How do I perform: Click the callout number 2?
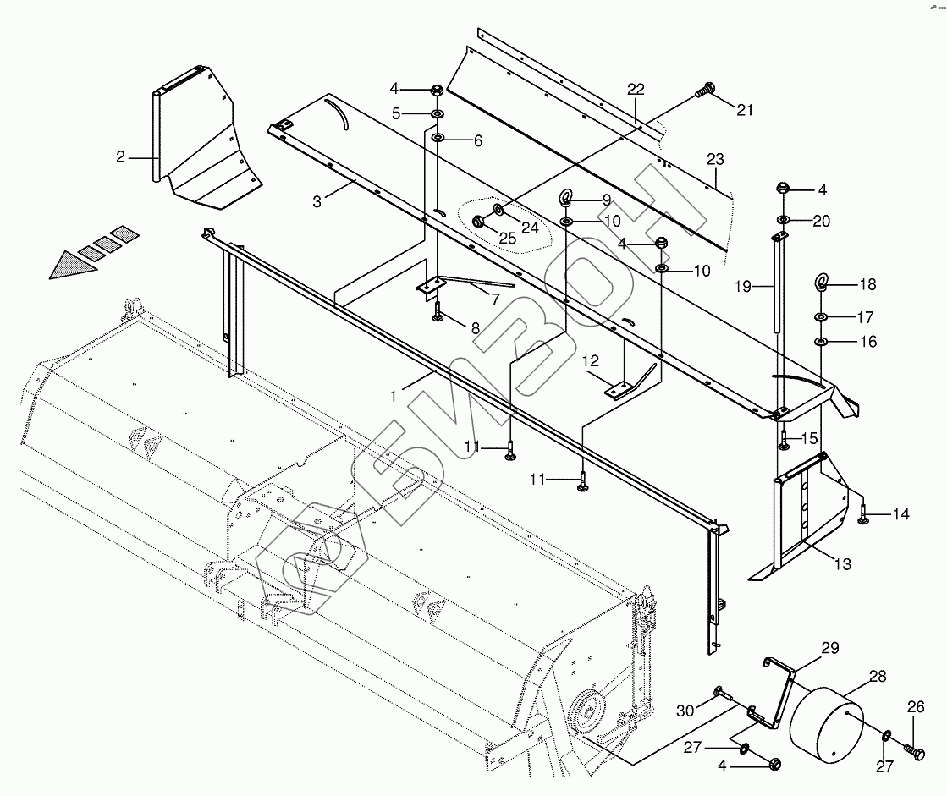click(x=120, y=156)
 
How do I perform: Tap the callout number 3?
click(x=317, y=201)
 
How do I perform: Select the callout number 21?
click(x=744, y=109)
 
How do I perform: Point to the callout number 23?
click(x=716, y=159)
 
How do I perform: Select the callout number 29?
click(x=829, y=648)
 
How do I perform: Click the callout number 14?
click(x=900, y=513)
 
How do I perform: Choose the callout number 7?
click(x=493, y=299)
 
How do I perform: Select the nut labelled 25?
click(x=476, y=222)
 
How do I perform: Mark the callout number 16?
click(x=844, y=342)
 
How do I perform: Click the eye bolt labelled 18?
click(x=820, y=283)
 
